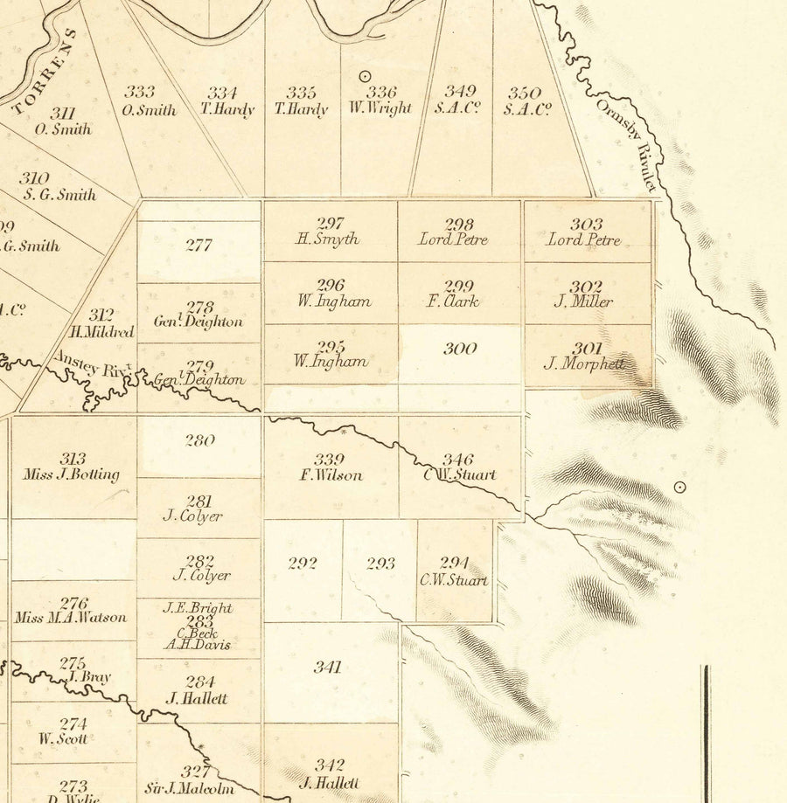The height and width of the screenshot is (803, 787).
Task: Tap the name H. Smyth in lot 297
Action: coord(328,239)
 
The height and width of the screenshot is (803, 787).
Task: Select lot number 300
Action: coord(460,350)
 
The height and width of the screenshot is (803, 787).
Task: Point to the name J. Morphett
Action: coord(584,363)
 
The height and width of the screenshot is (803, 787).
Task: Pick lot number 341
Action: coord(327,668)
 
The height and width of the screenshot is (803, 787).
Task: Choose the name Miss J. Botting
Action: coord(72,474)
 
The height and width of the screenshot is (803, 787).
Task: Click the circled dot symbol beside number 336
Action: coord(366,77)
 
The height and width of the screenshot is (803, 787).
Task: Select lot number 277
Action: coord(198,246)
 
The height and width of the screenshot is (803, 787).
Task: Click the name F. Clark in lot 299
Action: coord(458,301)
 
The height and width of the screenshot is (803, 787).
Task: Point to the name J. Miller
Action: coord(583,301)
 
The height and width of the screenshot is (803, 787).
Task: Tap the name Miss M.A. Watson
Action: coord(71,618)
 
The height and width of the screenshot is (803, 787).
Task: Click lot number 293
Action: coord(380,564)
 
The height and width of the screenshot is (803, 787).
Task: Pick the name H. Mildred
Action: coord(101,332)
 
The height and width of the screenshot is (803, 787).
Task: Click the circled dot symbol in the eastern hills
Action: coord(679,488)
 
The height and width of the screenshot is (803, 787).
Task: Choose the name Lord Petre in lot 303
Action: coord(583,239)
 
